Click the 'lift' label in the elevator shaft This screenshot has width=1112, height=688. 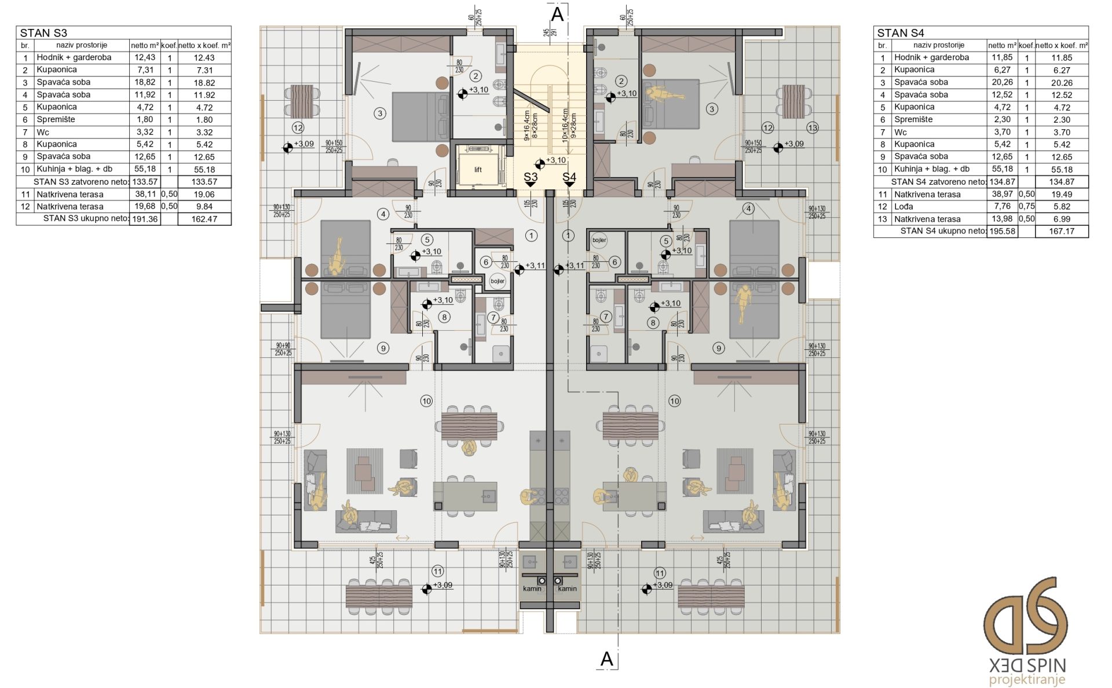[x=478, y=170]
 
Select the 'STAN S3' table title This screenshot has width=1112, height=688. [x=43, y=33]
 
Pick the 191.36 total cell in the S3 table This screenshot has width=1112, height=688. [x=145, y=219]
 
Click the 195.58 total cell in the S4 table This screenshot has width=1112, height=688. [x=1003, y=231]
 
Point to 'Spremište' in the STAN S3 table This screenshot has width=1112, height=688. [x=56, y=119]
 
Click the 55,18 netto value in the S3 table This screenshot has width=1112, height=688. [x=145, y=169]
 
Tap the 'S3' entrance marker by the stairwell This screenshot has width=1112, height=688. [x=531, y=177]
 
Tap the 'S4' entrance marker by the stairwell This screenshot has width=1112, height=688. [x=569, y=177]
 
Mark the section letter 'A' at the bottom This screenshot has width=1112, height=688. [x=606, y=659]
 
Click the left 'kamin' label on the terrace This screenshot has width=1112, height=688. [x=532, y=589]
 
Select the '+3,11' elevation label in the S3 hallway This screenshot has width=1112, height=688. [x=535, y=266]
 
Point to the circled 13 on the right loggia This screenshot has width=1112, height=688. [x=812, y=128]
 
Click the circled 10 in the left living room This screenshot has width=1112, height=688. [x=426, y=401]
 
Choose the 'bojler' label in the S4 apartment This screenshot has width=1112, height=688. [x=599, y=240]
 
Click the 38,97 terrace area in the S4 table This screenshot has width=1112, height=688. [x=1002, y=194]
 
